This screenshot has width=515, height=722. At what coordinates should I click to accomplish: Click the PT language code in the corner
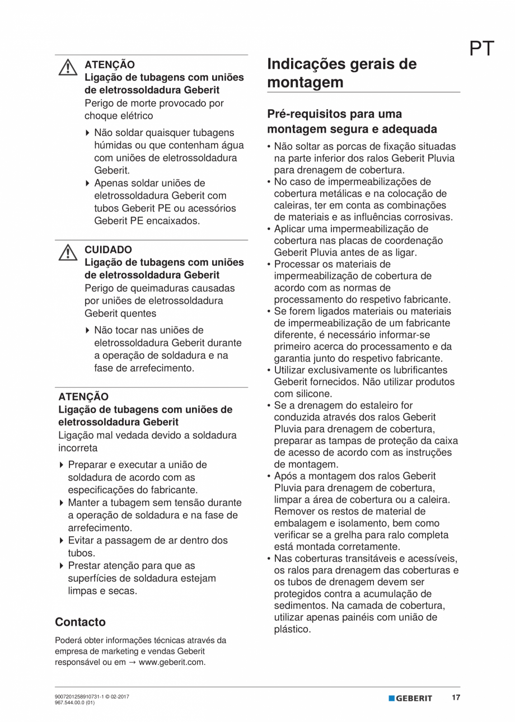click(482, 49)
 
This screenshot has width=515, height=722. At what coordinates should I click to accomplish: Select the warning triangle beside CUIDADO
click(68, 253)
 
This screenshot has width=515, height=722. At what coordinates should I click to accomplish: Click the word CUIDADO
click(108, 250)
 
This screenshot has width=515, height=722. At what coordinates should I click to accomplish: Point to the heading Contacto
click(80, 622)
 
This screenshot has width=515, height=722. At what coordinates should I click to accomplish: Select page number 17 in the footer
click(456, 698)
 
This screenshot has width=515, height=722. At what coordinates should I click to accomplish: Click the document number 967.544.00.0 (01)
click(74, 703)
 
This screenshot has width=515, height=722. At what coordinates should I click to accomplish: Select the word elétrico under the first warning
click(134, 116)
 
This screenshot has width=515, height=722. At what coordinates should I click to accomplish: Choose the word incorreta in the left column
click(78, 448)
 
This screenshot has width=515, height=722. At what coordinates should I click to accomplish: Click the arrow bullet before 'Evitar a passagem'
click(61, 541)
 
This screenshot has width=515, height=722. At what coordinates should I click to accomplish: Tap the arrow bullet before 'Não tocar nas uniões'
click(87, 330)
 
